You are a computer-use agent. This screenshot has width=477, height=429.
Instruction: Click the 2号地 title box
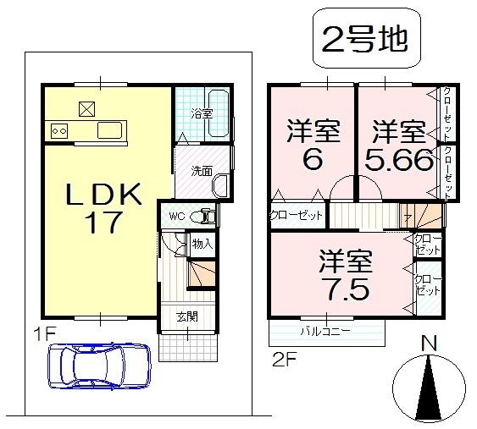click(365, 38)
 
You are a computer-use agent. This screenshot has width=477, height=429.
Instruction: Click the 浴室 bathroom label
click(201, 113)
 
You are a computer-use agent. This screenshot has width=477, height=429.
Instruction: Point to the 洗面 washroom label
click(201, 170)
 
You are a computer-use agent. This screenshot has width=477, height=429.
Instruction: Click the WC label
click(176, 216)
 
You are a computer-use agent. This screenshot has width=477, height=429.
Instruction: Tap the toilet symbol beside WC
click(204, 217)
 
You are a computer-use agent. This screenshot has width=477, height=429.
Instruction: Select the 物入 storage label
click(202, 244)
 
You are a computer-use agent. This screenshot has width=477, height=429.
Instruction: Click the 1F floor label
click(44, 333)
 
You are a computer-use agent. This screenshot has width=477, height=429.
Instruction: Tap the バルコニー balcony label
click(325, 331)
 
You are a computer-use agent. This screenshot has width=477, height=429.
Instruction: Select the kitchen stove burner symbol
click(59, 130)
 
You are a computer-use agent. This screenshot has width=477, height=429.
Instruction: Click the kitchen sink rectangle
click(111, 130)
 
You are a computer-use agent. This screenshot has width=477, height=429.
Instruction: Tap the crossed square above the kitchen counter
click(87, 108)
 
